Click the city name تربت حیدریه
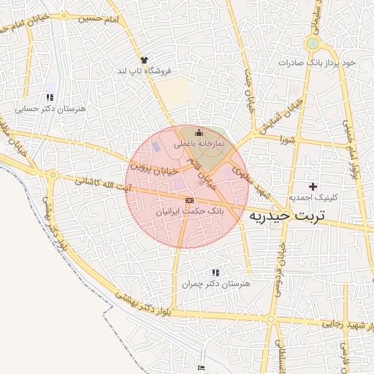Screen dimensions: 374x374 click(291, 216)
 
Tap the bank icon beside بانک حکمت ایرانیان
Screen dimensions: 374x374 click(189, 199)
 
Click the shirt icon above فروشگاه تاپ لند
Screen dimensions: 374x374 click(144, 60)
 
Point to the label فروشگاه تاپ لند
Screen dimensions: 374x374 click(144, 71)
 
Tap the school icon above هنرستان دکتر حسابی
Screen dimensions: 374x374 click(50, 97)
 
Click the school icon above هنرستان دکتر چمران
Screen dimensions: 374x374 click(215, 272)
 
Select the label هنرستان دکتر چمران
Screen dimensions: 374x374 click(215, 283)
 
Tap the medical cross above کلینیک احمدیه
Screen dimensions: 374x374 click(314, 187)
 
